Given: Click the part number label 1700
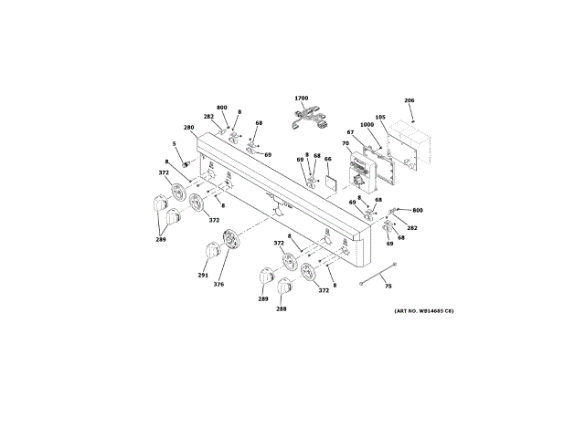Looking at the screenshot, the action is pyautogui.click(x=302, y=98).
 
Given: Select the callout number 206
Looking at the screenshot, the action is pyautogui.click(x=409, y=100).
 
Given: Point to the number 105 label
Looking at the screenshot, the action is pyautogui.click(x=380, y=118).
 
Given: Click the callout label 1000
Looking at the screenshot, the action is pyautogui.click(x=367, y=125).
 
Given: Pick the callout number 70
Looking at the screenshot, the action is pyautogui.click(x=346, y=143).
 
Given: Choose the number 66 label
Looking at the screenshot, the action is pyautogui.click(x=328, y=159).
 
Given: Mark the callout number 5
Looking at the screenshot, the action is pyautogui.click(x=175, y=143).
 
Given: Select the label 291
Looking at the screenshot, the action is pyautogui.click(x=202, y=275).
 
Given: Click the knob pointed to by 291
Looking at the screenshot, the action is pyautogui.click(x=211, y=248).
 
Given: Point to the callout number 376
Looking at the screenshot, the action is pyautogui.click(x=218, y=285).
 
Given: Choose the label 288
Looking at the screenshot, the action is pyautogui.click(x=281, y=309).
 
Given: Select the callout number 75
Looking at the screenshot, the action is pyautogui.click(x=388, y=287).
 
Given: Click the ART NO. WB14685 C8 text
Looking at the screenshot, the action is pyautogui.click(x=424, y=312).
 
